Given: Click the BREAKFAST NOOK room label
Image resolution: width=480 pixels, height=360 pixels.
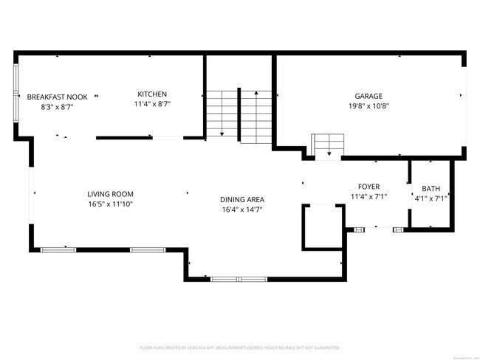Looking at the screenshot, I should (x=58, y=97).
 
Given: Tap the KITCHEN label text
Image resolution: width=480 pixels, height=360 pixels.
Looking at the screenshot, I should (x=152, y=94).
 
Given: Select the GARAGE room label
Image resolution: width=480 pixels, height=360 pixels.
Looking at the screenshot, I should (x=368, y=95).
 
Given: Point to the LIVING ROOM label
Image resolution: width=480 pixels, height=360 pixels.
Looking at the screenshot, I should (x=110, y=193).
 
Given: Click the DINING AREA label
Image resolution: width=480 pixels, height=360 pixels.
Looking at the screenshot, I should (x=241, y=199).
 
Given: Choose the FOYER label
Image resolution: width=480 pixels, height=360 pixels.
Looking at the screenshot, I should (x=368, y=187).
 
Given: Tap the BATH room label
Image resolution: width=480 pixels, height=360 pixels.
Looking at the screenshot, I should (x=431, y=188).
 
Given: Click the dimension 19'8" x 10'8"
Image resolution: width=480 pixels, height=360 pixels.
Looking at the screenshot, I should (x=368, y=105).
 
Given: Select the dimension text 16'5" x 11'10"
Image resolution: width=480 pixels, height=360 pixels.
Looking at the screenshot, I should (x=110, y=204).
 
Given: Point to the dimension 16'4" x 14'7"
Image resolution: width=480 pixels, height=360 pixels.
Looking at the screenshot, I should (x=241, y=210).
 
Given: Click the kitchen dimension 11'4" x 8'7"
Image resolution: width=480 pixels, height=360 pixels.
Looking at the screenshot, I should (x=152, y=104).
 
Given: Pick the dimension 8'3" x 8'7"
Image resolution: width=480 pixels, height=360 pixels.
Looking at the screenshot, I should (x=58, y=107).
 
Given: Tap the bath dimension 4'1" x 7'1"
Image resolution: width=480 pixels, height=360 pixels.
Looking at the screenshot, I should (x=431, y=198).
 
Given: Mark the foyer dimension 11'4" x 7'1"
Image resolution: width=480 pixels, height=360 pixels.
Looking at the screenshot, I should (x=368, y=196).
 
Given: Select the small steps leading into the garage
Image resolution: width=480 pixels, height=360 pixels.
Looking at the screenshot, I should (x=327, y=145).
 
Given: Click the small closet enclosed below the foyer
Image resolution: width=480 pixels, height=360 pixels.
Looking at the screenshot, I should (x=323, y=227).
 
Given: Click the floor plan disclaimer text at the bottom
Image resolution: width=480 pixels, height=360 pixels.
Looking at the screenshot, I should (x=239, y=347).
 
